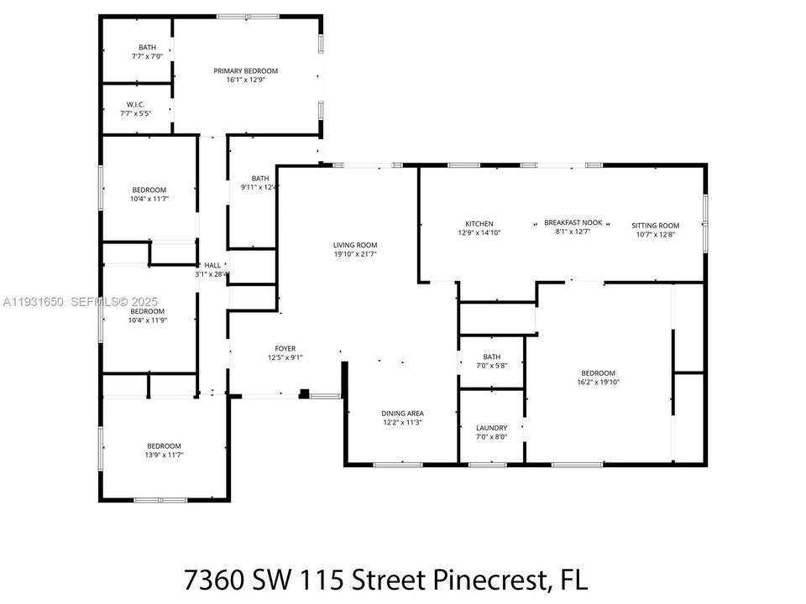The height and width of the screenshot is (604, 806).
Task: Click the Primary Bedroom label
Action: click(x=245, y=71)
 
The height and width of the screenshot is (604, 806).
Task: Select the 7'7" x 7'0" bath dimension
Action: click(x=147, y=56)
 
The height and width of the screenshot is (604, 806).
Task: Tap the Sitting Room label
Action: click(x=655, y=225)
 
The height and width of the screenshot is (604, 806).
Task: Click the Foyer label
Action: click(x=285, y=348)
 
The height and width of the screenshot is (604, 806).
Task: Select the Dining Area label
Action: click(x=402, y=413)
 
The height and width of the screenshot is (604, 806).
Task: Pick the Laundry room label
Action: click(x=491, y=427)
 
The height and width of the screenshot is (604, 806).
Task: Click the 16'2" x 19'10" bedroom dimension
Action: click(x=598, y=382)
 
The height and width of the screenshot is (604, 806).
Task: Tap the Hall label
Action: click(x=212, y=265)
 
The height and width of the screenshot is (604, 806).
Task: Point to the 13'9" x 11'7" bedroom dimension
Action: click(x=164, y=455)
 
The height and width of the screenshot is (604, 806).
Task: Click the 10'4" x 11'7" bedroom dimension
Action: click(x=149, y=198)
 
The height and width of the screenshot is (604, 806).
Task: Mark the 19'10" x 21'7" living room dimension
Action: click(x=355, y=254)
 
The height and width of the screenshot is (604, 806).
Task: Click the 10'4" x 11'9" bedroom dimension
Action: click(x=149, y=320)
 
